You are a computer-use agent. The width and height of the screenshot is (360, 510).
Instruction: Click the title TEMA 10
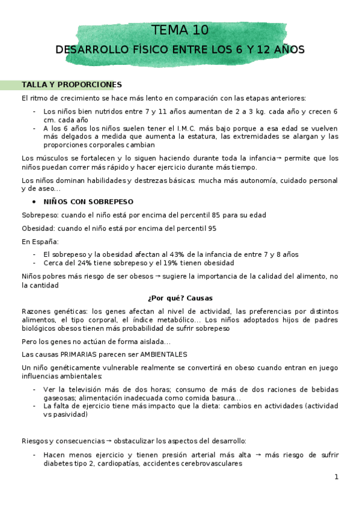coord(180,29)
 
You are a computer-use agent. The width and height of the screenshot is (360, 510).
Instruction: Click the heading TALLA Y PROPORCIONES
coord(72,85)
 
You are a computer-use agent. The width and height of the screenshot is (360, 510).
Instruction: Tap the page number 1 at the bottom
coord(337,477)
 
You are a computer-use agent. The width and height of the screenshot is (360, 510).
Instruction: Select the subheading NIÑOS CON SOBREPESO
coord(88,201)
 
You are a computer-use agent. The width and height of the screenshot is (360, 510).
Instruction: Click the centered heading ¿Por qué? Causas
coord(180,298)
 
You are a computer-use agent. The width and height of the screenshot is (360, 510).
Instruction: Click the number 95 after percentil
coord(212,229)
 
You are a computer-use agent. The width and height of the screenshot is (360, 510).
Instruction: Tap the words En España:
coord(40,242)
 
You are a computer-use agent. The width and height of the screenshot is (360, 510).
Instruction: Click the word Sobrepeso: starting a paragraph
coord(40,215)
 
